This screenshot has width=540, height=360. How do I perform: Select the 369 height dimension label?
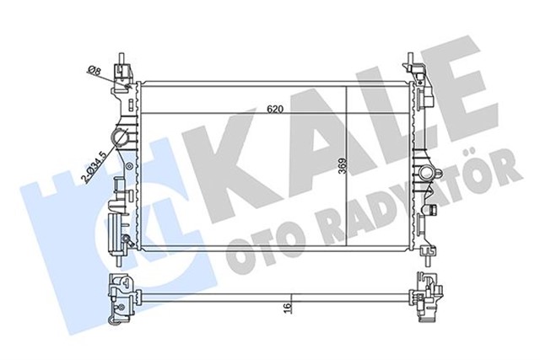(340, 165)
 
